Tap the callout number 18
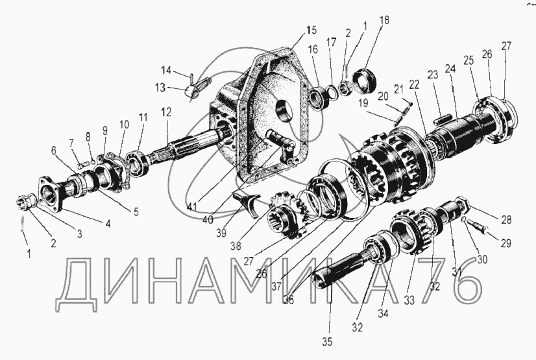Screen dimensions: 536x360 click(385, 20)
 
